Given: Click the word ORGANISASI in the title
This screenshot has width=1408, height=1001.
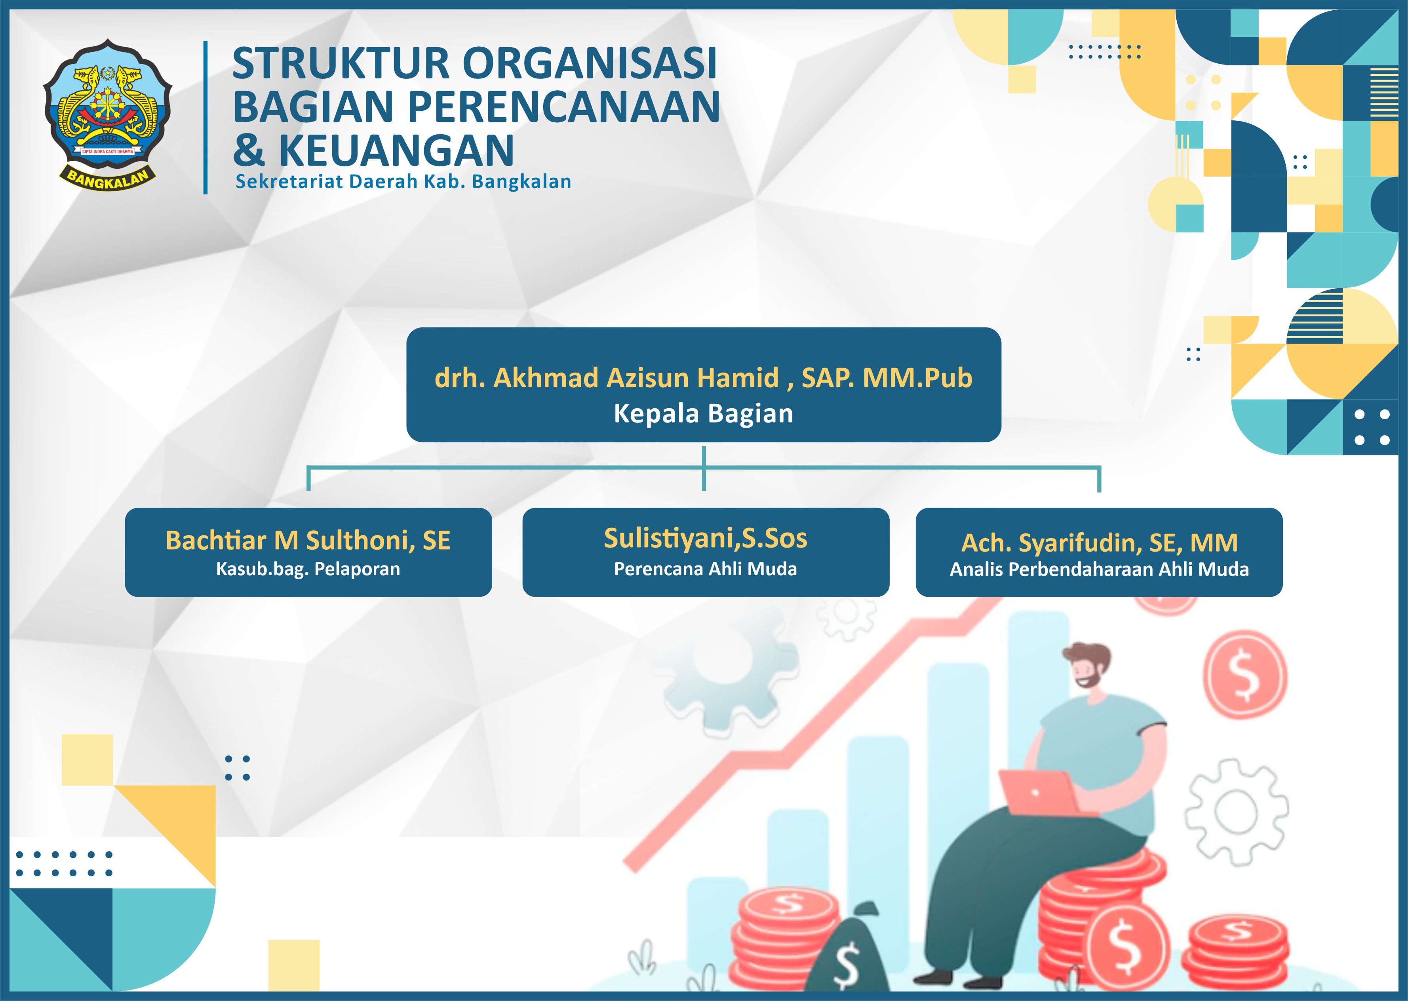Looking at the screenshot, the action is [590, 63].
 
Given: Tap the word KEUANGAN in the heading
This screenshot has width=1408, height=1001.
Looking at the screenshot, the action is [396, 150].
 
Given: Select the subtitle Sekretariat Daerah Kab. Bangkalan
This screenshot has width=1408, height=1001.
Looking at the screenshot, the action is [403, 182].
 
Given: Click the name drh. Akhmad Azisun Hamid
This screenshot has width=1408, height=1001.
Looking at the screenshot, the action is [607, 377].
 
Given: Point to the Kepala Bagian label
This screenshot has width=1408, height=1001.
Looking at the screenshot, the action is [704, 413].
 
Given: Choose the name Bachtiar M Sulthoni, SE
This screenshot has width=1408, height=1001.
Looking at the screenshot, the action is [308, 540].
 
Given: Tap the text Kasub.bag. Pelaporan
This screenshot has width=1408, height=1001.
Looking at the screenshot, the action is [308, 569].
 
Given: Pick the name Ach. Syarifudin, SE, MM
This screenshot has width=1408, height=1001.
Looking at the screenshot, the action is [1099, 543].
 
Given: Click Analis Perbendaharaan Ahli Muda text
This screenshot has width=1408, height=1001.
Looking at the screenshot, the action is [1099, 569].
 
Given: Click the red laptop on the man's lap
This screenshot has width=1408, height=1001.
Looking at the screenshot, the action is [1038, 792].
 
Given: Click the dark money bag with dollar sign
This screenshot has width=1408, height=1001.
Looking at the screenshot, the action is [847, 952].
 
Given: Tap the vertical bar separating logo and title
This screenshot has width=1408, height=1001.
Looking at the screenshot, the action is [205, 117].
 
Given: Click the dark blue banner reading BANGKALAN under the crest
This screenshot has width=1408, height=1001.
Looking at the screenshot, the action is [108, 179].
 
